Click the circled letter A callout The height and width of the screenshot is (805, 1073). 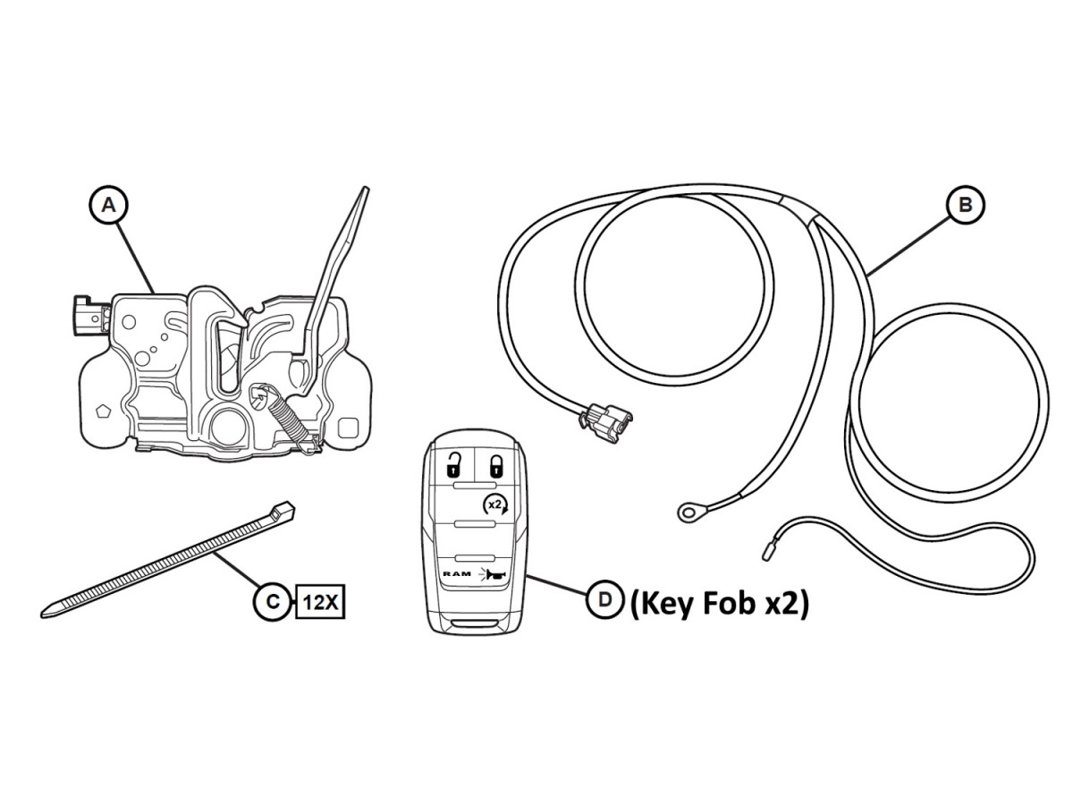coord(107,206)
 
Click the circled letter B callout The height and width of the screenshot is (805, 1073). coord(965,206)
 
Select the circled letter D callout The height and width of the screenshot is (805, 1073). coord(604,600)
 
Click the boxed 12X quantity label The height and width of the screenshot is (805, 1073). coord(319,601)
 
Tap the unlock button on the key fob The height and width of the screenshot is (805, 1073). coord(455,465)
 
